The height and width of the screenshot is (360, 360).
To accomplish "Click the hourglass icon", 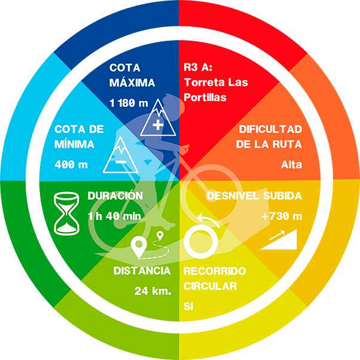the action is coord(66,213).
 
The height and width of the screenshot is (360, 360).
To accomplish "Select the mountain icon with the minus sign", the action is coord(121,154).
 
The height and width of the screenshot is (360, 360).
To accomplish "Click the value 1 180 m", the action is coord(129,103).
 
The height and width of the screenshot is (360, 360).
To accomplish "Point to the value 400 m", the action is coord(71,164).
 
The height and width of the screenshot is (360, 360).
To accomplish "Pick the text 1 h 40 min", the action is coord(114,216).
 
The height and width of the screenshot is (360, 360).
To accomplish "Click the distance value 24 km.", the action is coord(153,291).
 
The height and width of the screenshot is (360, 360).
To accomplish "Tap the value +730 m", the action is coord(282,216).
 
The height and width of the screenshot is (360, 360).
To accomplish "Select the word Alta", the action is coord(292,164).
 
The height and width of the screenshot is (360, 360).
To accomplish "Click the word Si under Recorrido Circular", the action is coord(188,306).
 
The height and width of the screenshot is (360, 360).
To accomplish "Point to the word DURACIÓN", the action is coord(115,196).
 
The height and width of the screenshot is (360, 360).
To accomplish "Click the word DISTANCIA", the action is coord(142,271).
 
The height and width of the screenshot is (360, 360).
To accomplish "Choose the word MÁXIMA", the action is coord(132,83).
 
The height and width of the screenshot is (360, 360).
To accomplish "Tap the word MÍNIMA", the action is coord(74,144).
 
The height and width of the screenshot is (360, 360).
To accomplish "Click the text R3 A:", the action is coord(198,67).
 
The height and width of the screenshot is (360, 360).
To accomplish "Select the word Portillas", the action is coord(205,97).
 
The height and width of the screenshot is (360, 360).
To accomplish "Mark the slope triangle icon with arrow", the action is coord(279,239).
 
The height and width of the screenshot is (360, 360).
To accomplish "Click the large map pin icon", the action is coord(139,248).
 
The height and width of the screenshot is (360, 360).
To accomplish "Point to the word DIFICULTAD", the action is coord(270,129).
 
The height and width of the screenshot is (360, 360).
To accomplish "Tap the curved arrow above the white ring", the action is coord(208,219).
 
